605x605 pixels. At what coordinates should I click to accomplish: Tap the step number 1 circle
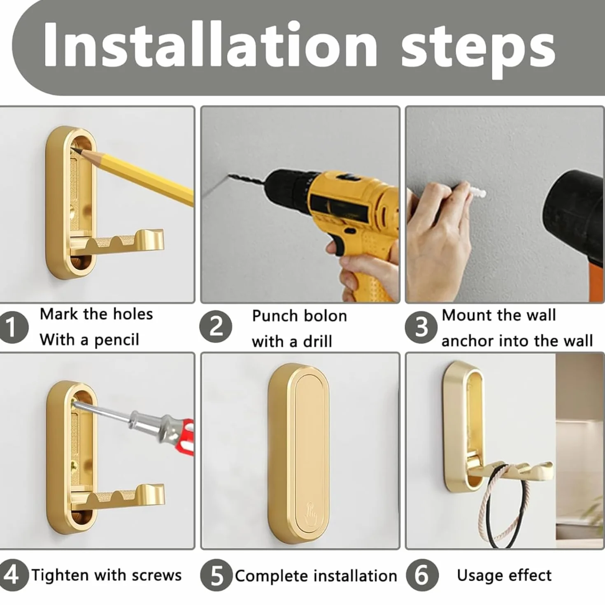[x=13, y=328]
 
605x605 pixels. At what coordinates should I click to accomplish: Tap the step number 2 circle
[x=216, y=326]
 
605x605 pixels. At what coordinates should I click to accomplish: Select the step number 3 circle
[x=421, y=327]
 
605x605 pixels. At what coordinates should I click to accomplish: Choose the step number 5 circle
[x=216, y=575]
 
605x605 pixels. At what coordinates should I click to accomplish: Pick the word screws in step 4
[x=157, y=575]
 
